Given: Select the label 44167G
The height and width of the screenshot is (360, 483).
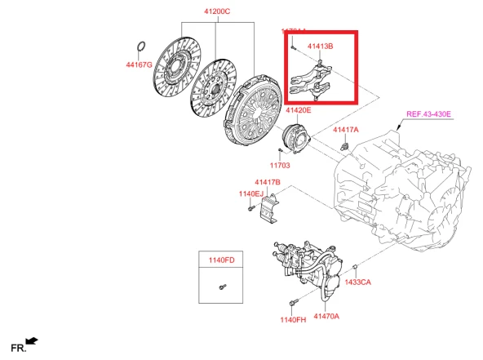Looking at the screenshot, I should point(140,64).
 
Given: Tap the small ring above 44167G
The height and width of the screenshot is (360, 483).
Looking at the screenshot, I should point(141,45).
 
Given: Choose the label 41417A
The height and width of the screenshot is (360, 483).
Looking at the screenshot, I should point(346,130).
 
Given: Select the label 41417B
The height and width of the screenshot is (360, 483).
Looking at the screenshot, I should point(267,181).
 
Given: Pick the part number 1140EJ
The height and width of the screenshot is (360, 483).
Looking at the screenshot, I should point(251,193).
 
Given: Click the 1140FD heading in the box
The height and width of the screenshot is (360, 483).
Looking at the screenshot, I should point(220,260).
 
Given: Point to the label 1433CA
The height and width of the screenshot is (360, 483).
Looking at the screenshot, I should point(357,282).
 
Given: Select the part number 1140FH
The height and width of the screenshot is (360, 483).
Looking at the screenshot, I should point(293,319).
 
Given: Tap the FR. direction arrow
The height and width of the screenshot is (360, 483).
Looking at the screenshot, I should point(31,340).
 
